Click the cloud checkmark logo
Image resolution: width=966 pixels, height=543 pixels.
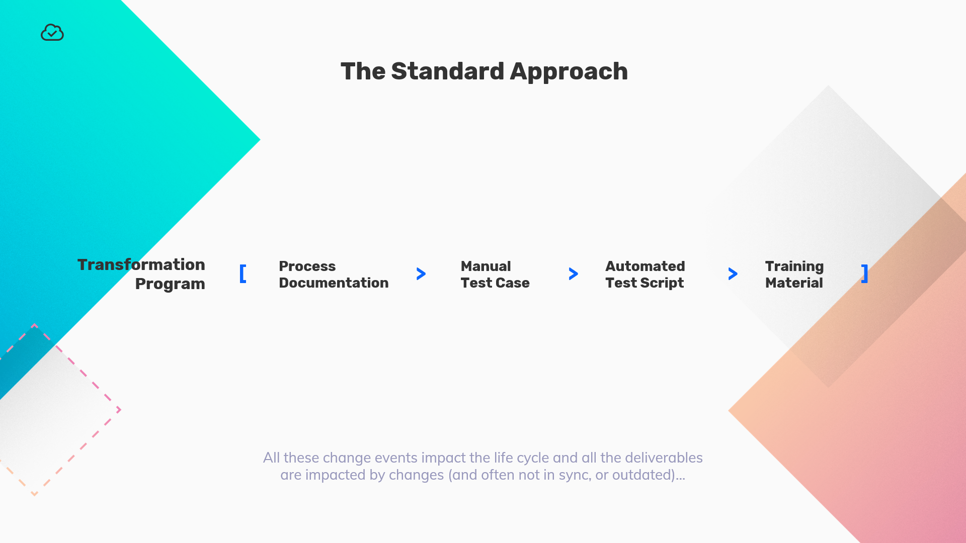pos(52,33)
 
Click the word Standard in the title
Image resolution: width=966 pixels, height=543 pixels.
pos(447,71)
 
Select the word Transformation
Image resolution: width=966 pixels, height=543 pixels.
pos(141,264)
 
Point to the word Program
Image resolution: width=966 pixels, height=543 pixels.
pos(170,284)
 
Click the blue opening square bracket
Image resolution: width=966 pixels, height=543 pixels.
pos(243,274)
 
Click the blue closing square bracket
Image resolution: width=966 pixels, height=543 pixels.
pos(864,274)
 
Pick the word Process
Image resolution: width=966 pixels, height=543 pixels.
pos(307,266)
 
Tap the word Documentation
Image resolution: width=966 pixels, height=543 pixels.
pos(334,283)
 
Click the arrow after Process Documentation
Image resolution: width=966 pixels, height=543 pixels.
pos(421,274)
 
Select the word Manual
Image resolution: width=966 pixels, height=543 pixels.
pos(486,266)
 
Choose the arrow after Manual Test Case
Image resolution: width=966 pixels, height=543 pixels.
pos(573,274)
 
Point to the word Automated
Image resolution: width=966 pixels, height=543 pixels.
pos(645,266)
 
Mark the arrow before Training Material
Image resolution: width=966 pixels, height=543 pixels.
pos(733,274)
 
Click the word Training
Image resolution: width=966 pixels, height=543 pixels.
pos(794,266)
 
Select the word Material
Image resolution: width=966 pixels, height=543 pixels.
pos(794,283)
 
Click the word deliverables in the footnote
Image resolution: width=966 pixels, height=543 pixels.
pos(664,458)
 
